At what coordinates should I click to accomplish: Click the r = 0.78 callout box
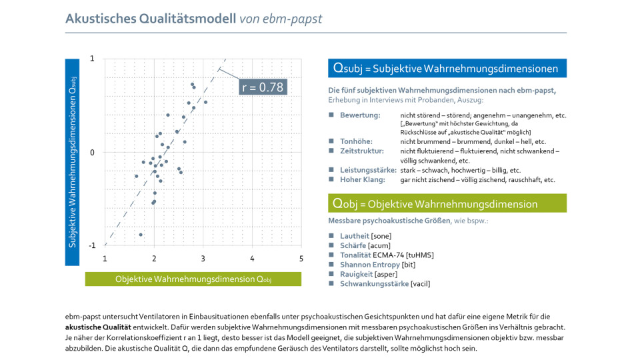(262, 87)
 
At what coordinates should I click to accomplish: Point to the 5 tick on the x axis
(301, 258)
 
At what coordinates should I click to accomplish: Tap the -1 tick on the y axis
(92, 246)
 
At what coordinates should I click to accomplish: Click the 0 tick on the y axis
(93, 153)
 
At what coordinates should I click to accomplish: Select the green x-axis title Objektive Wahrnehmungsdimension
(193, 279)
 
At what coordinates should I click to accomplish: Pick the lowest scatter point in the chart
(141, 235)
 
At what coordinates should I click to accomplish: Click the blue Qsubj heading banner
(447, 68)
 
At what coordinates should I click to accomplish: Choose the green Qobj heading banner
(447, 203)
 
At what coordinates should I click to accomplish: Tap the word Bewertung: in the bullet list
(360, 115)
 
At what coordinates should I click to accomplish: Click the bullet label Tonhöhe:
(356, 141)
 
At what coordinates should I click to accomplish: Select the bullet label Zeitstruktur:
(361, 151)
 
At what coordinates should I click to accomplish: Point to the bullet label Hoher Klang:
(361, 180)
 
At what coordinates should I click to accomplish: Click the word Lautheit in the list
(355, 236)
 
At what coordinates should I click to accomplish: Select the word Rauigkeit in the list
(356, 274)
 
